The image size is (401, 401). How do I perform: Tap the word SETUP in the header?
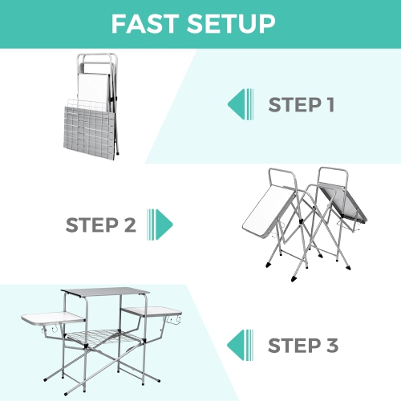coord(237,24)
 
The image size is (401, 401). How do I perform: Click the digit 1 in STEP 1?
coord(327,105)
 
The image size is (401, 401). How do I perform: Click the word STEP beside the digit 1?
coord(292,105)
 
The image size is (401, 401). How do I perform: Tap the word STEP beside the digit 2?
coord(92,224)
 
